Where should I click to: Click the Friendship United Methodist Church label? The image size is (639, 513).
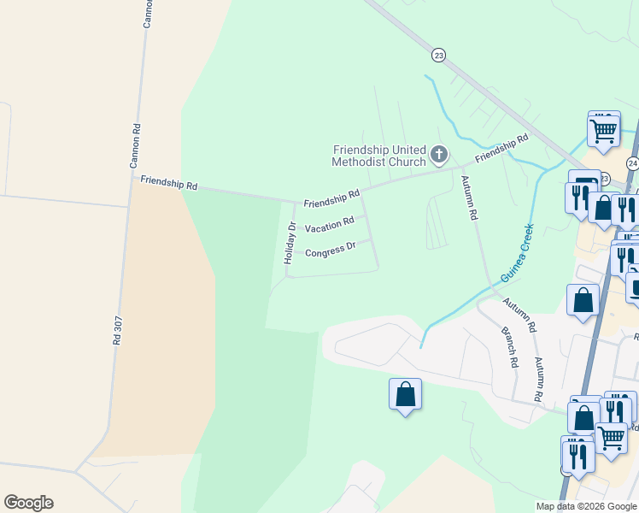[x=378, y=156]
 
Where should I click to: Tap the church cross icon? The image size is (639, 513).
[x=438, y=155]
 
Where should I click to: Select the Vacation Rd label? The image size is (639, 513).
[x=329, y=226]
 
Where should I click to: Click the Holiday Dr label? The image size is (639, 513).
[x=290, y=243]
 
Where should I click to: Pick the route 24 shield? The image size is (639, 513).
[x=631, y=162]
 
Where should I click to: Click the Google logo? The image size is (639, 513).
[x=28, y=503]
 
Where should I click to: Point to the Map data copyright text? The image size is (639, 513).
[x=586, y=506]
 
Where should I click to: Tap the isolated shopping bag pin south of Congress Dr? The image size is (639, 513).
[x=405, y=395]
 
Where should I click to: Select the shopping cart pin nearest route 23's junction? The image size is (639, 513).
[x=603, y=131]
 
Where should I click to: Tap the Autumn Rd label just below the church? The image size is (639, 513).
[x=468, y=198]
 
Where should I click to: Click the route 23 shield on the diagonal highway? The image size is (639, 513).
[x=438, y=55]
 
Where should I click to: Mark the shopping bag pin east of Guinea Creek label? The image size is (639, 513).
[x=583, y=301]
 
